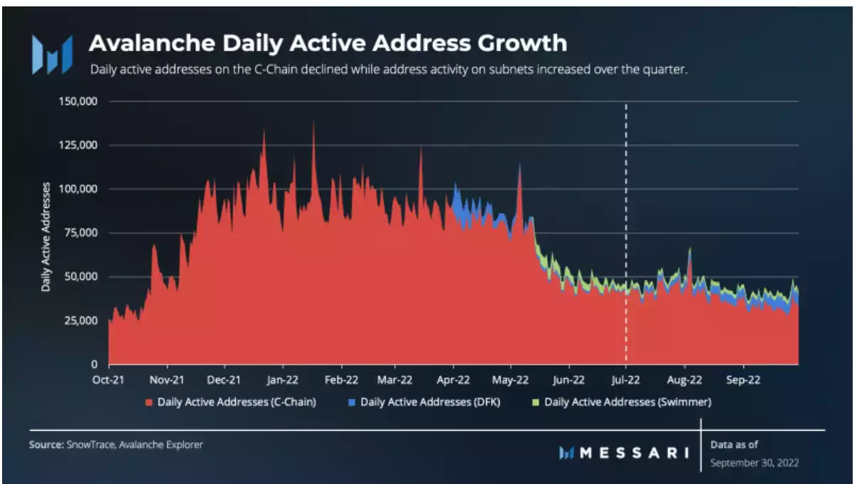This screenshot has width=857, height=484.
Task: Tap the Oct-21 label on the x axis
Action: click(x=109, y=380)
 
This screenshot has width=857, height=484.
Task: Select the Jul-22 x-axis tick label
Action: click(x=626, y=380)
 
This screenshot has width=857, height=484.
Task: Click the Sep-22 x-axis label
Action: click(x=743, y=380)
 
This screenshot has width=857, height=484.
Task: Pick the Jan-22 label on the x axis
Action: click(x=282, y=380)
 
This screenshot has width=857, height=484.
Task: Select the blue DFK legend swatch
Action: click(x=352, y=402)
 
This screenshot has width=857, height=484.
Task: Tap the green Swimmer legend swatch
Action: click(x=536, y=402)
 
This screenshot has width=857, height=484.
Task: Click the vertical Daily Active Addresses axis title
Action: click(x=45, y=237)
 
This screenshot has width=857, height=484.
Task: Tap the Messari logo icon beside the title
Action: click(x=52, y=54)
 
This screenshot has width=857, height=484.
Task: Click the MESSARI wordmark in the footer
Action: click(x=632, y=452)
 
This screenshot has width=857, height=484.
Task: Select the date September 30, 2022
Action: click(x=755, y=463)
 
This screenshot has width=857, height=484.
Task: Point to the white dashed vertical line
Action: click(x=626, y=213)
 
